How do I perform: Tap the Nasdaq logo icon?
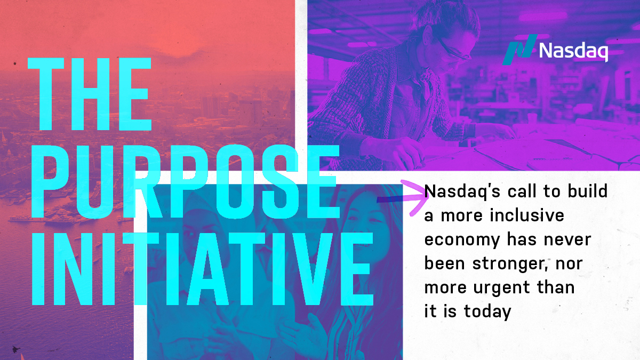pyautogui.click(x=521, y=50)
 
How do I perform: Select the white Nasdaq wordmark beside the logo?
pyautogui.click(x=573, y=51)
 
